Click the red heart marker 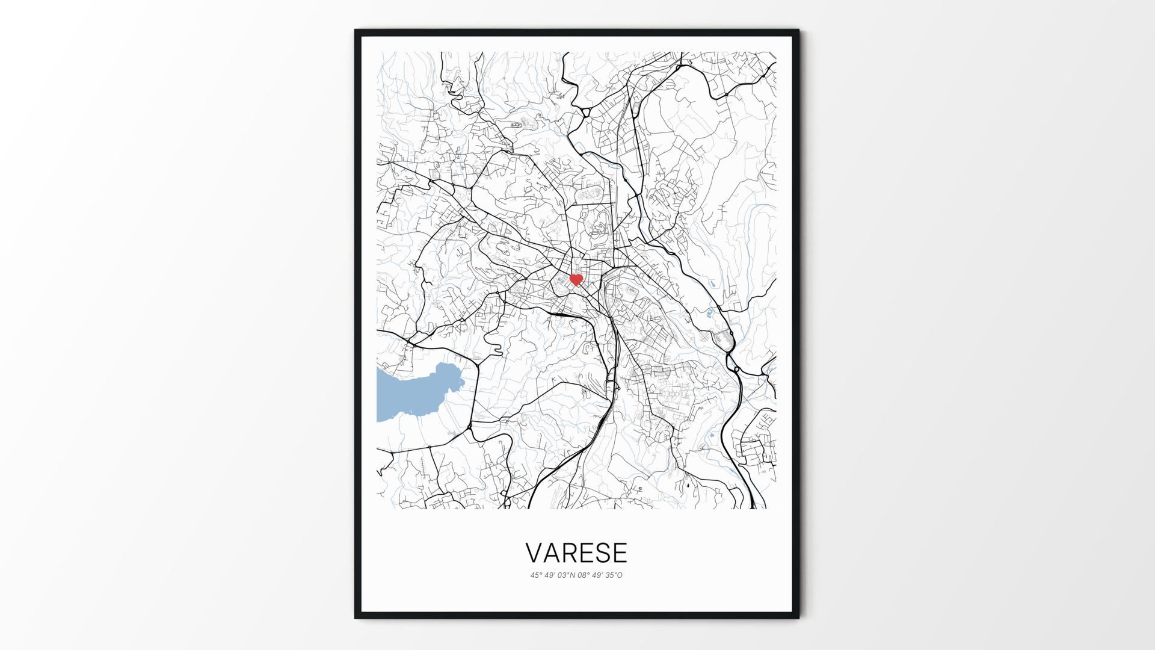(x=576, y=280)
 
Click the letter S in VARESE (x=602, y=552)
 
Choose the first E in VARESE (x=585, y=552)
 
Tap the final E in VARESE (x=619, y=552)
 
